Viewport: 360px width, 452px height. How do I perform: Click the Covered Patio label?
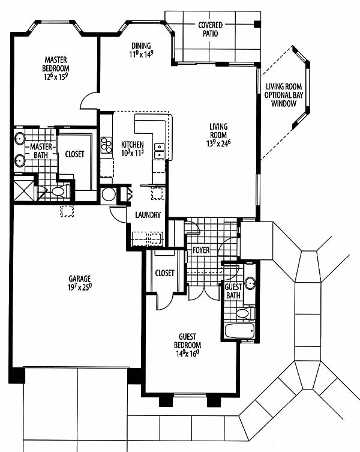[211, 29]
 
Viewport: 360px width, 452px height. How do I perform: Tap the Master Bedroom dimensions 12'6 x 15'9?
[56, 77]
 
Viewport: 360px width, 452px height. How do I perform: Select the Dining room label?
[141, 46]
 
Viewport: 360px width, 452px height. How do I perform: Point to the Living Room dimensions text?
[218, 143]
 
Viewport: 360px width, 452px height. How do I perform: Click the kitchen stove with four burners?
[106, 145]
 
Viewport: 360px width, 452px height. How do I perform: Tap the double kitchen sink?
[159, 151]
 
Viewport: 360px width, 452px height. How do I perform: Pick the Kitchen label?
[132, 145]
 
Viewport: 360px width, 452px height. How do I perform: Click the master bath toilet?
[60, 191]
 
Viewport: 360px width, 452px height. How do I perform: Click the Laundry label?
[148, 215]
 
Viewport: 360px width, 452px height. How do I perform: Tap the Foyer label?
[201, 250]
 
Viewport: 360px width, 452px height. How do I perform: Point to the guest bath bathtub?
[239, 331]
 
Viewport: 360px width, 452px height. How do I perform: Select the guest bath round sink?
[250, 283]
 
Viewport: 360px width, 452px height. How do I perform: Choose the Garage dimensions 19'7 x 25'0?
[80, 287]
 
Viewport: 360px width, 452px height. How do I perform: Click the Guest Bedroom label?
[188, 341]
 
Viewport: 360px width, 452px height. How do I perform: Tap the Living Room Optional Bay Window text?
[284, 95]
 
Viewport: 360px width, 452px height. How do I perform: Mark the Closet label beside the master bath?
[74, 154]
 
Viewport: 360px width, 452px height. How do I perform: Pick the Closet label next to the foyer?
[164, 273]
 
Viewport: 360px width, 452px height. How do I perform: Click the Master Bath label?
[41, 151]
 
